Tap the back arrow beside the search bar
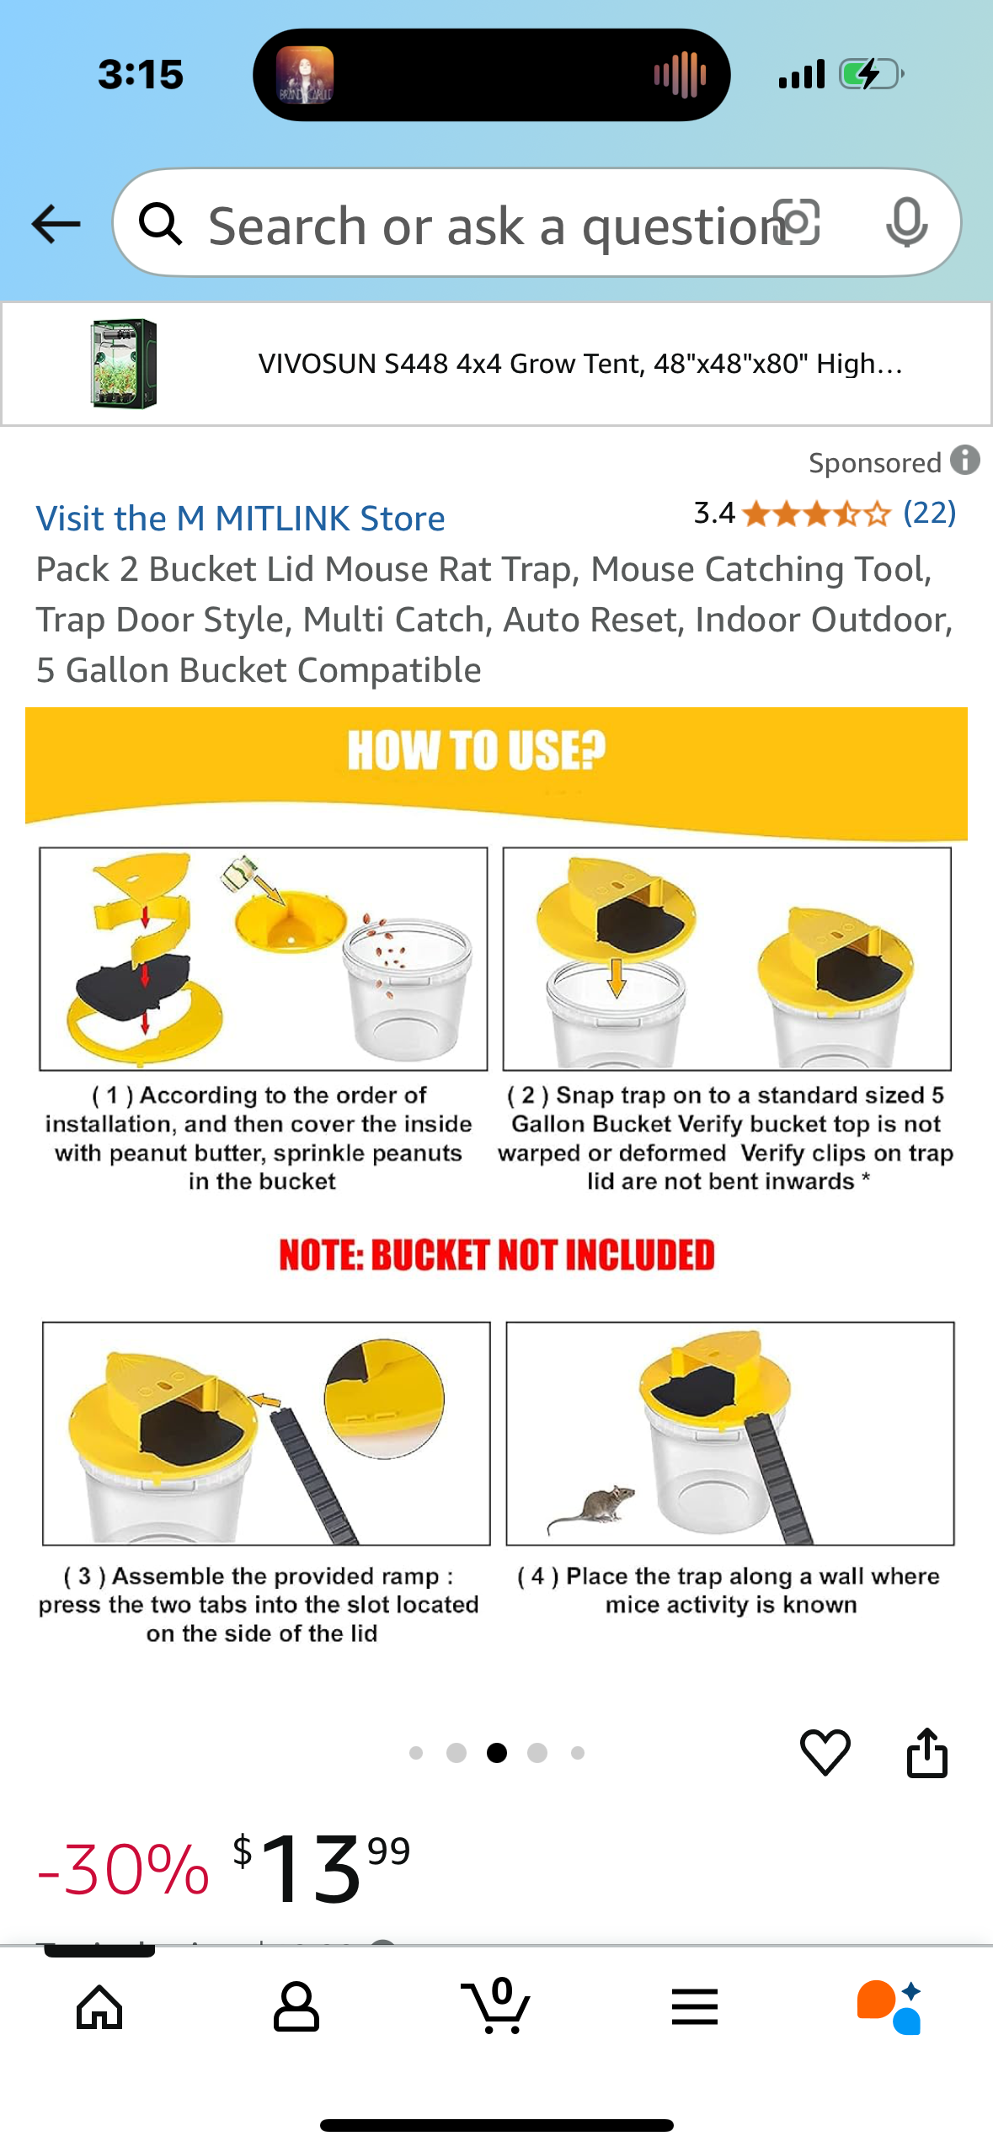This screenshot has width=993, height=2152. point(56,224)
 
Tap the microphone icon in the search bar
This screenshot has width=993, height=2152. point(907,223)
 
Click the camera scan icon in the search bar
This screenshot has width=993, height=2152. point(797,222)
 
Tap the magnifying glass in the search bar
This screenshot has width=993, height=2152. point(160,224)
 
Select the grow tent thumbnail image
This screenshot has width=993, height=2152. point(124,364)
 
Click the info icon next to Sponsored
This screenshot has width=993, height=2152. point(965,461)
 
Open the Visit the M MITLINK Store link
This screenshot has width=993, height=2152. point(240,519)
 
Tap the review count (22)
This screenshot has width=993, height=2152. point(930,512)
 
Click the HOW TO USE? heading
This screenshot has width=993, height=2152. point(477,750)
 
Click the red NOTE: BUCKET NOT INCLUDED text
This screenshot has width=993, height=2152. point(497,1254)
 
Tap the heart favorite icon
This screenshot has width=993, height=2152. point(825,1752)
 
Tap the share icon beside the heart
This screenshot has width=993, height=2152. point(927,1752)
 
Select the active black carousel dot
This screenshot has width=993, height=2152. point(497,1753)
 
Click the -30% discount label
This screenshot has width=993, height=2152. point(123,1870)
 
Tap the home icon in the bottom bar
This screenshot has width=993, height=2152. point(99,2008)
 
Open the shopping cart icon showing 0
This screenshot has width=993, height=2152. point(497,2006)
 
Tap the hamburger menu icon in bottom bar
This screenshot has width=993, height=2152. point(695,2007)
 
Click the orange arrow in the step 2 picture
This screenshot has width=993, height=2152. point(617,977)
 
